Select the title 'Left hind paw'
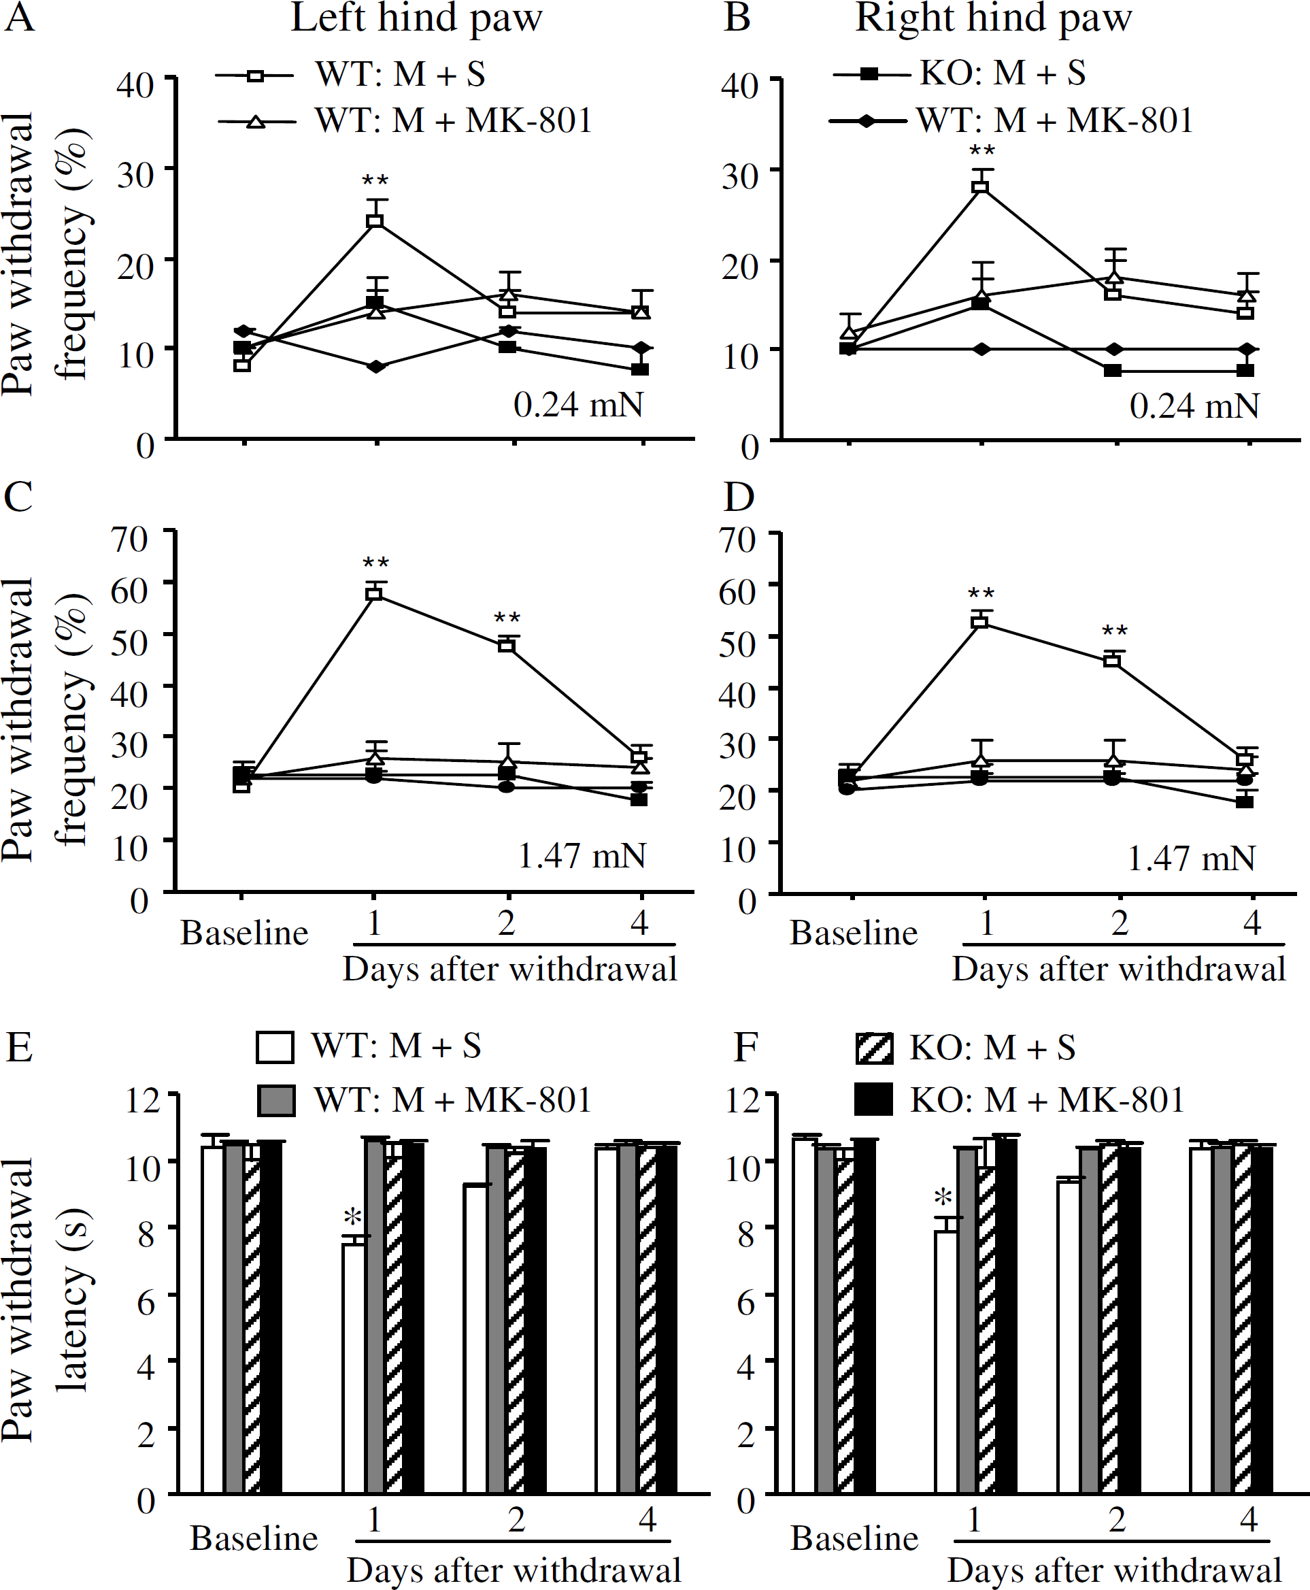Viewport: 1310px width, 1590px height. coord(416,18)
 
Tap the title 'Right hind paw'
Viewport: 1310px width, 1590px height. coord(993,18)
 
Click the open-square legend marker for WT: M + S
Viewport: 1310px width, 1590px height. coord(256,76)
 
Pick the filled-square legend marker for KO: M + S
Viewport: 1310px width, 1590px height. coord(870,74)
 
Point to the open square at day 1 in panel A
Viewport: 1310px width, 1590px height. coord(375,221)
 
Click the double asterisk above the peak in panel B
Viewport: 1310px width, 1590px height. coord(981,150)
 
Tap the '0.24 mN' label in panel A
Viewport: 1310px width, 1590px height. coord(579,405)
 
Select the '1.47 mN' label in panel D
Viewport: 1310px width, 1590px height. coord(1191,858)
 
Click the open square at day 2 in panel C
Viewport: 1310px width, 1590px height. coord(507,644)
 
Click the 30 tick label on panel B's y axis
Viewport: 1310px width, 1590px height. coord(739,176)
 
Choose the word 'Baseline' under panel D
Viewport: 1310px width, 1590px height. coord(854,933)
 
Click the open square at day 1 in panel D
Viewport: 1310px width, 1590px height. coord(980,622)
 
